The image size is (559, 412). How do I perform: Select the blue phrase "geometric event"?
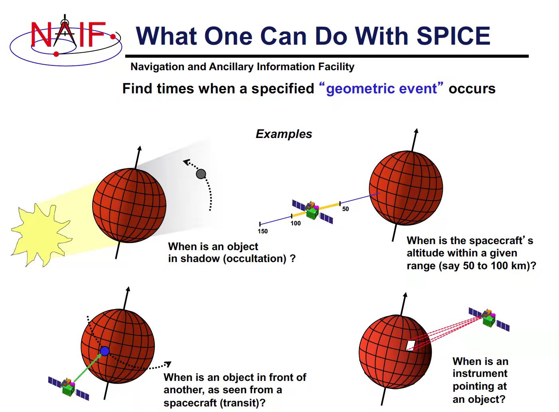(x=381, y=89)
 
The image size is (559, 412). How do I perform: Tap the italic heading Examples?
(x=284, y=134)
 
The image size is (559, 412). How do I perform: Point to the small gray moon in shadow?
(x=201, y=174)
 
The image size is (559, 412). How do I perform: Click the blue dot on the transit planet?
(x=105, y=351)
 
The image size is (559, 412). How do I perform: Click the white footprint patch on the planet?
(x=411, y=345)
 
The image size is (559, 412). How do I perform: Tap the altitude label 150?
(x=263, y=231)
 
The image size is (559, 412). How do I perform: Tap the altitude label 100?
(x=296, y=223)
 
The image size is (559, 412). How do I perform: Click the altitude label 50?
(x=346, y=209)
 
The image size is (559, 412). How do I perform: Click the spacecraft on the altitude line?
(x=312, y=210)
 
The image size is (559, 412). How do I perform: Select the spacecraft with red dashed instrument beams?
(x=489, y=318)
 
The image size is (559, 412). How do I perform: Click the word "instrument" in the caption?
(x=480, y=374)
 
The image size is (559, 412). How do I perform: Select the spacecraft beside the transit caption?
(x=69, y=387)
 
